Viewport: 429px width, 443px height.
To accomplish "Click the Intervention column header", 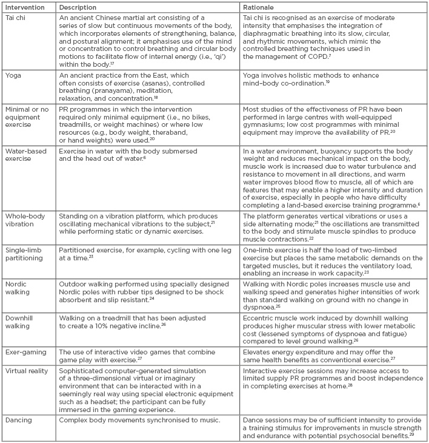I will [23, 7].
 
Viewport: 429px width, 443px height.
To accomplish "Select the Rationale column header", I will [259, 7].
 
